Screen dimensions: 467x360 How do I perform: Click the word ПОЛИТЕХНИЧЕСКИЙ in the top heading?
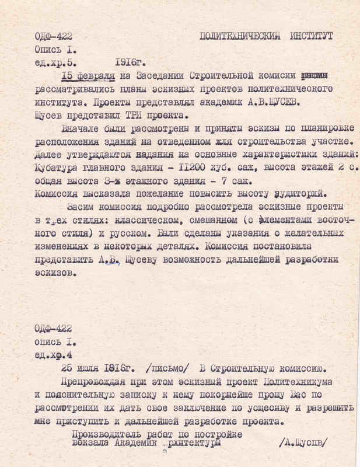[x=241, y=36]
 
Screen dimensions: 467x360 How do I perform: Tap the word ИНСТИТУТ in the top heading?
[x=312, y=36]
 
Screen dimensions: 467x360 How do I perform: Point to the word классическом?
[x=131, y=220]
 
